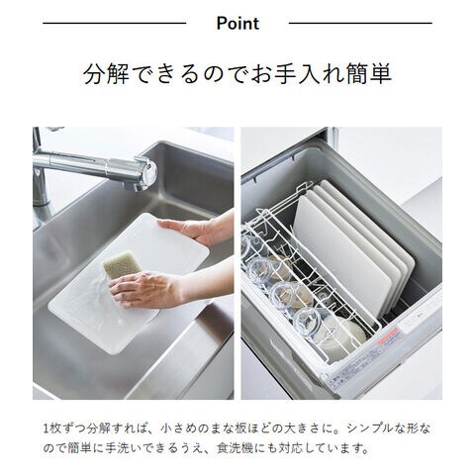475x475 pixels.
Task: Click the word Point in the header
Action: [x=237, y=24]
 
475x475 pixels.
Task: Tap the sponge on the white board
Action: [x=121, y=264]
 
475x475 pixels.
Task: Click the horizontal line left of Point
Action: [x=115, y=23]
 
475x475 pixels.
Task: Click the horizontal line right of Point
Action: [x=360, y=23]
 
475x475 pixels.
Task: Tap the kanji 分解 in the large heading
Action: [x=106, y=73]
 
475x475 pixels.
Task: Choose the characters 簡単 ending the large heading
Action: [x=369, y=73]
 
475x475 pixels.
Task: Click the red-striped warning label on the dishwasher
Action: [x=389, y=337]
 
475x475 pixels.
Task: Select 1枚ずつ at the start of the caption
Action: [x=65, y=428]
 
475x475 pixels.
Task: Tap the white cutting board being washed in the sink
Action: [x=129, y=284]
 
